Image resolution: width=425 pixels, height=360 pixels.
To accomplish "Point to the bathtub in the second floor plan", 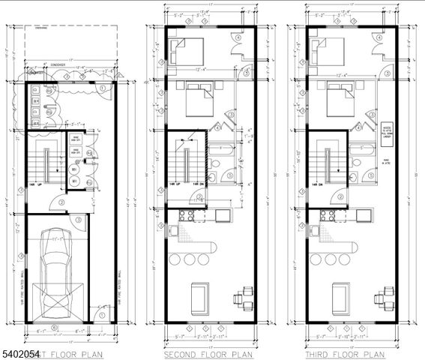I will point(222,149).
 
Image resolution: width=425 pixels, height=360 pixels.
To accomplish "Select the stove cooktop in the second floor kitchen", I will point(185,216).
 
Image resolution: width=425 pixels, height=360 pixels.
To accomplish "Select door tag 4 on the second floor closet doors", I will point(238,37).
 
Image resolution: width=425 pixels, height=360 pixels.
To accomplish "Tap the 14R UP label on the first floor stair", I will point(34,184).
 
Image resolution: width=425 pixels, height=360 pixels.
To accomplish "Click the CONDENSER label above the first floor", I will point(60,64).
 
